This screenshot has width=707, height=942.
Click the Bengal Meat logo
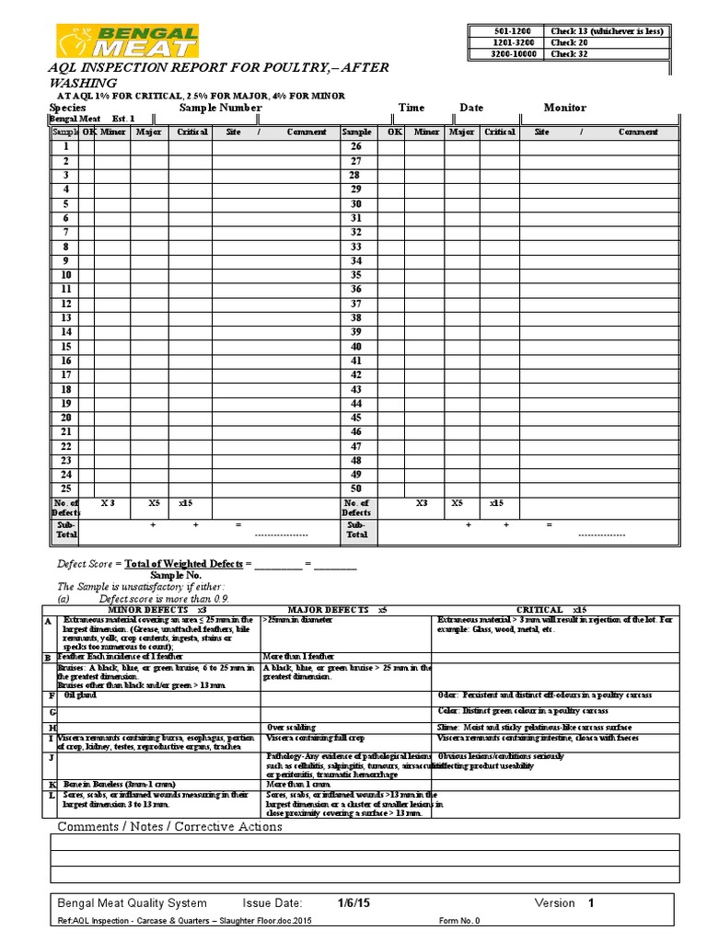(x=126, y=41)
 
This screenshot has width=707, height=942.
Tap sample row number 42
(x=355, y=375)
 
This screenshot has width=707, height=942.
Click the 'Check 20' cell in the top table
(x=563, y=42)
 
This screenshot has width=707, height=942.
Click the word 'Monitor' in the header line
(x=564, y=108)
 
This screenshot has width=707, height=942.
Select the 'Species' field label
(x=67, y=108)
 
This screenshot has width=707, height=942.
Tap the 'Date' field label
(x=471, y=108)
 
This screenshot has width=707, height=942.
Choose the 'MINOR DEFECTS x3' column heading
(x=156, y=610)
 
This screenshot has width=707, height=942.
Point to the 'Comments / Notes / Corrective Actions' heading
(x=170, y=827)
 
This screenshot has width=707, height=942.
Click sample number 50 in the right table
(x=355, y=488)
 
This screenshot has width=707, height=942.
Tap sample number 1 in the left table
(x=65, y=146)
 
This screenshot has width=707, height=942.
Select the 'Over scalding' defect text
(x=291, y=727)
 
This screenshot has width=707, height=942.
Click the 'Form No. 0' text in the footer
(x=459, y=921)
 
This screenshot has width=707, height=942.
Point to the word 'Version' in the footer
(x=555, y=903)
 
